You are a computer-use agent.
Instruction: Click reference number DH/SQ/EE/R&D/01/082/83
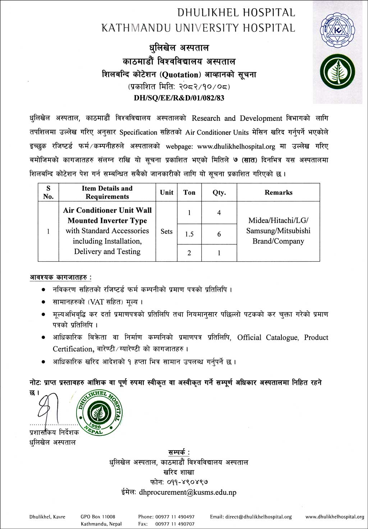pos(179,98)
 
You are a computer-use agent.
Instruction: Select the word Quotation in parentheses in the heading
pos(180,75)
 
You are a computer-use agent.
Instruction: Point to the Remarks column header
pos(279,193)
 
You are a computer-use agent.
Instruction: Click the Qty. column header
pos(219,193)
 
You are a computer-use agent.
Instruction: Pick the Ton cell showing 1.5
pos(189,234)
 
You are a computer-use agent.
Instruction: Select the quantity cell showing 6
pos(219,234)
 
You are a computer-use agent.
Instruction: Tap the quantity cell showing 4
pos(219,213)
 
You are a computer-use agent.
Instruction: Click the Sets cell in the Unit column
pos(166,231)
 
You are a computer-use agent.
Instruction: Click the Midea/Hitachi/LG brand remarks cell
pos(278,231)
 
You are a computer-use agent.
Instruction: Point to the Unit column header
pos(166,193)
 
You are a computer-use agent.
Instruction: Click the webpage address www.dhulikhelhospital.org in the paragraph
pos(236,146)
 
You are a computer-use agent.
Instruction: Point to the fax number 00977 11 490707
pos(175,524)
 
